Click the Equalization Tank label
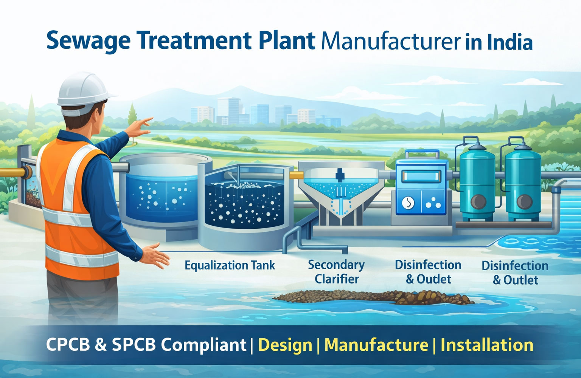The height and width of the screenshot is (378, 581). point(230,265)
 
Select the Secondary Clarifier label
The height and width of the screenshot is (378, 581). point(336,272)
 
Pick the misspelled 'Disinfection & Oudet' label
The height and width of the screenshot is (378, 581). point(428,272)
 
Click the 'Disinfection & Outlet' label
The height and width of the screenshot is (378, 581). point(515,273)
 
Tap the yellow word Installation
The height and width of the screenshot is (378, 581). point(487,345)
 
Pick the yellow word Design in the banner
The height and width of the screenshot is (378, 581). point(285,345)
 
